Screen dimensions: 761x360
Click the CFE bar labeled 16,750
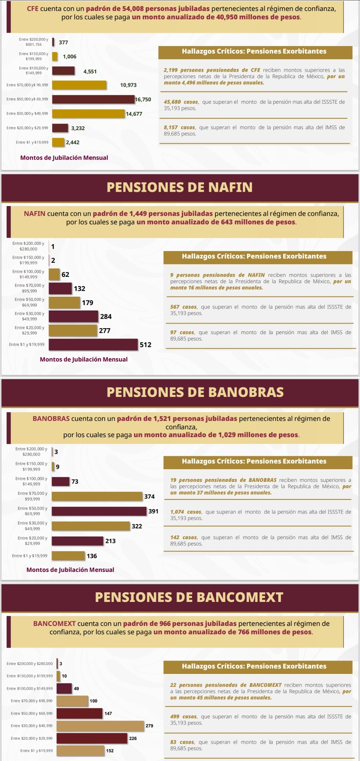(93, 99)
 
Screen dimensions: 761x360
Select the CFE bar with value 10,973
(79, 85)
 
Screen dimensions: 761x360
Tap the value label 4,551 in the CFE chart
(90, 71)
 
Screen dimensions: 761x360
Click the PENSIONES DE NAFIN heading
(180, 187)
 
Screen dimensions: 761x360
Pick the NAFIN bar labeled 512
(93, 344)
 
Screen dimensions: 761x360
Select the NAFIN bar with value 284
(73, 316)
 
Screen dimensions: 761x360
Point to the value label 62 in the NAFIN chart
(65, 274)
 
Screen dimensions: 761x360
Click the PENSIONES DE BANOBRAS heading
(195, 392)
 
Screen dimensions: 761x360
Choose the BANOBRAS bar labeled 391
(99, 511)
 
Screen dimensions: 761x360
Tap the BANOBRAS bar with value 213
(77, 541)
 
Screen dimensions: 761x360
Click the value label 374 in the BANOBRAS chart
(149, 497)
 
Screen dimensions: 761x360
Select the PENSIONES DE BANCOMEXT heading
(189, 597)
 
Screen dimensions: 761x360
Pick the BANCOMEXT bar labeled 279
(100, 726)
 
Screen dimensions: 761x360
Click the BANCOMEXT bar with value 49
(64, 688)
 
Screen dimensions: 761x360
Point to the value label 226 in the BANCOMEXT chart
(133, 738)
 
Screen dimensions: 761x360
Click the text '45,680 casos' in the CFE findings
(181, 102)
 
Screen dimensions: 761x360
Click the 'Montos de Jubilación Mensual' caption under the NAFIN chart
(84, 359)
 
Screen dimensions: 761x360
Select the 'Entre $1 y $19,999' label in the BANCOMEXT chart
(36, 751)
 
